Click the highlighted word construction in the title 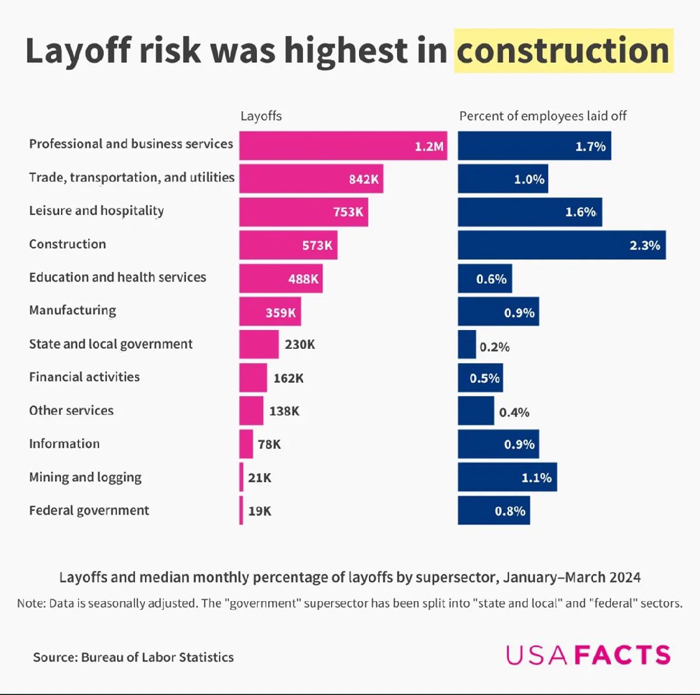(563, 50)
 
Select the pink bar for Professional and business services (343, 146)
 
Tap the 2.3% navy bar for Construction (561, 245)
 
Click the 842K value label (363, 180)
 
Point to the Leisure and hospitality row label (96, 211)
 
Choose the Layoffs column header (261, 116)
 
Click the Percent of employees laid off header (543, 116)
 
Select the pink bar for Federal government (241, 510)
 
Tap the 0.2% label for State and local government (494, 347)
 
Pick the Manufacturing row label (72, 310)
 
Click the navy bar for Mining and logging (507, 477)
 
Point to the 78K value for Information (269, 444)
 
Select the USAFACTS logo (588, 655)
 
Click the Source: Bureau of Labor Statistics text (133, 657)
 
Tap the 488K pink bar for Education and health (281, 278)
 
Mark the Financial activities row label (84, 377)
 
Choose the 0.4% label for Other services (514, 412)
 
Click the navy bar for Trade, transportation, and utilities (503, 179)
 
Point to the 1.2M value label (429, 147)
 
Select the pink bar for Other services (251, 411)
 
